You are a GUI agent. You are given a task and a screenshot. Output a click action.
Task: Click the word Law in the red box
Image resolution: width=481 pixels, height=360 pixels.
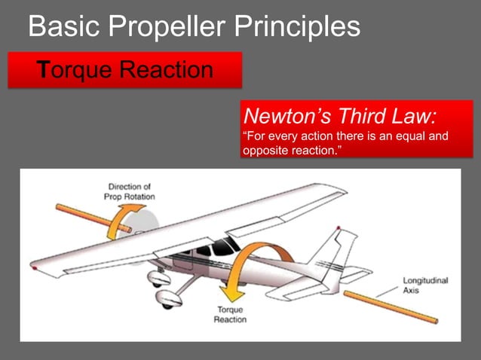pyautogui.click(x=412, y=118)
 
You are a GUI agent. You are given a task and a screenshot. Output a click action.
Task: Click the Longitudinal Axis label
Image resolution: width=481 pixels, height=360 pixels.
pyautogui.click(x=425, y=285)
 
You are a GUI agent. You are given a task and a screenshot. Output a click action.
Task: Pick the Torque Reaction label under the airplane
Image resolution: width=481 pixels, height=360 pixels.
pyautogui.click(x=231, y=315)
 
